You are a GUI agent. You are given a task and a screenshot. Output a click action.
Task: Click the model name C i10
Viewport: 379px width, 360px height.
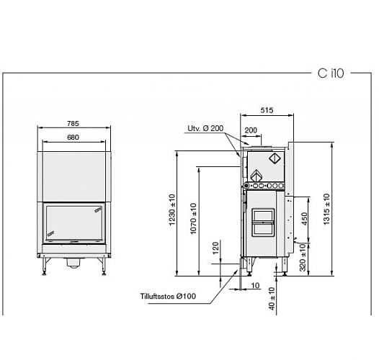coord(329,73)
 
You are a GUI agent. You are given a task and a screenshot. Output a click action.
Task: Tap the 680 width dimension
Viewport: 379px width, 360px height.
coord(73,137)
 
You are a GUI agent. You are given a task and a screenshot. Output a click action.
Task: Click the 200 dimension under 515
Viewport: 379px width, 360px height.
coord(251,130)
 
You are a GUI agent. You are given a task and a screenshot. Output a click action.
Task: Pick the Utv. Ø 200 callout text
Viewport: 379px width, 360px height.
coord(205,129)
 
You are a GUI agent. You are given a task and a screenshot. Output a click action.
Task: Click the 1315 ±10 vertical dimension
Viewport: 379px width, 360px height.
coord(328,209)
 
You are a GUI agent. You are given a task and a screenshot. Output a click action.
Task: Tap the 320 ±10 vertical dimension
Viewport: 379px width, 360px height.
coord(303,257)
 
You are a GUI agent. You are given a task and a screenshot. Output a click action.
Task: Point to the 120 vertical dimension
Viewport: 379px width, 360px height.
coord(215,248)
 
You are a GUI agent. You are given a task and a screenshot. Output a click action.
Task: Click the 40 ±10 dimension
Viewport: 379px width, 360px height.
coord(272,297)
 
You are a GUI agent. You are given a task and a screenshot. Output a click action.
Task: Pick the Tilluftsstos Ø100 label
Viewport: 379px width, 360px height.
coord(168,296)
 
